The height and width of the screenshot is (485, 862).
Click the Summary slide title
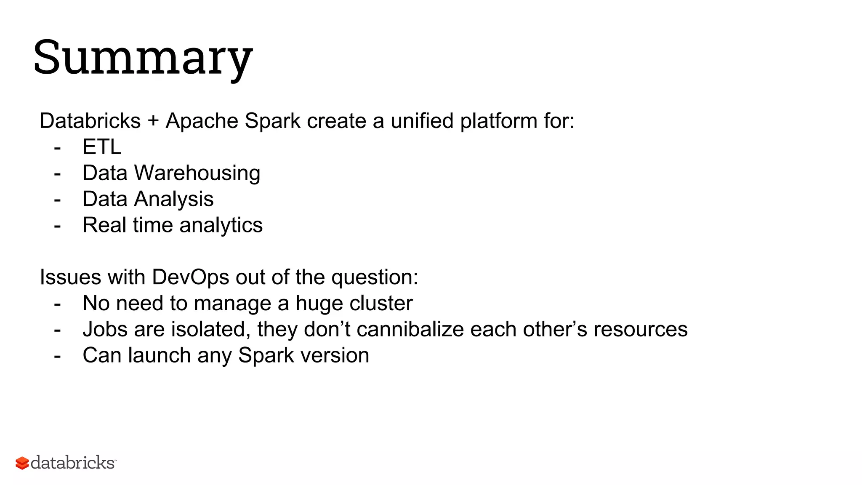143,58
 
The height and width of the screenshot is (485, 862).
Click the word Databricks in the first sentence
90,121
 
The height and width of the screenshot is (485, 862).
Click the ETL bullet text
102,147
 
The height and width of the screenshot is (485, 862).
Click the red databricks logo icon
22,463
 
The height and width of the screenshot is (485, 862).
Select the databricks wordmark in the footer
73,463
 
